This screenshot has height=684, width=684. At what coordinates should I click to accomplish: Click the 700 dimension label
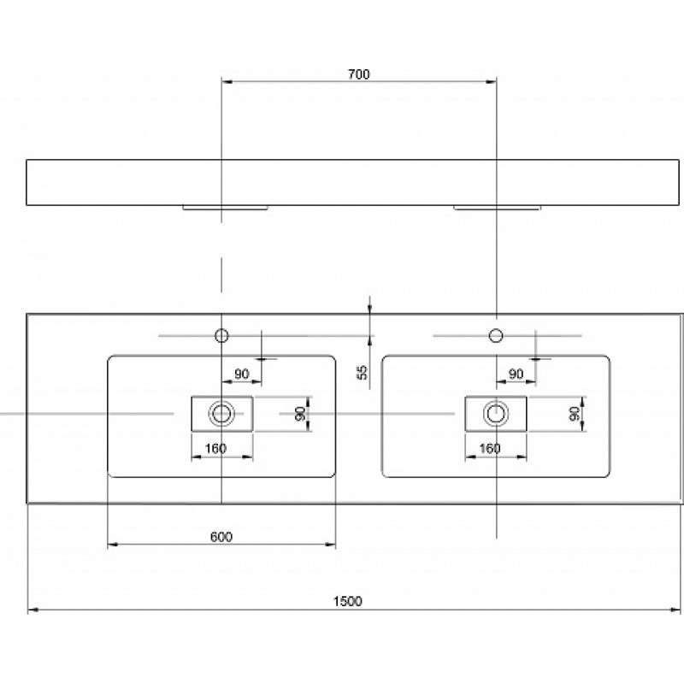point(358,74)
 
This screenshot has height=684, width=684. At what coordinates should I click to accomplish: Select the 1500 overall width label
point(347,602)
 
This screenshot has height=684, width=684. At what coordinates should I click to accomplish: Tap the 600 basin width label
point(221,537)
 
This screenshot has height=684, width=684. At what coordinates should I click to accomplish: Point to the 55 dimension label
point(363,372)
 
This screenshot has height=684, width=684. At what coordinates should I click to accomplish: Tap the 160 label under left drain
point(215,448)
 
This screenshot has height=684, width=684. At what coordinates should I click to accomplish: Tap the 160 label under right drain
point(489,448)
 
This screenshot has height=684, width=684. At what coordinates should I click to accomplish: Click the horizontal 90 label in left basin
point(242,374)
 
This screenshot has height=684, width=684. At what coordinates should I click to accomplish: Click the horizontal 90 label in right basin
point(516,374)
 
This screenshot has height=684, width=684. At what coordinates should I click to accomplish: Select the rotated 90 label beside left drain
point(299,413)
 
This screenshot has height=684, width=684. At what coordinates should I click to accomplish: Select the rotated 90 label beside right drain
point(574,413)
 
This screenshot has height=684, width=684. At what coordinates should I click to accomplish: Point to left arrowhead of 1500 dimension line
point(31,610)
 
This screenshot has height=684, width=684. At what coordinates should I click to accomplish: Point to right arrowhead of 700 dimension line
point(492,81)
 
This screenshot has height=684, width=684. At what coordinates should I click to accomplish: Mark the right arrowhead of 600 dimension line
point(331,545)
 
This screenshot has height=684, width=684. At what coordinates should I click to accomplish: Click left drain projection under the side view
point(225,208)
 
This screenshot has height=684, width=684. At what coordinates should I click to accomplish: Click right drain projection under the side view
point(498,208)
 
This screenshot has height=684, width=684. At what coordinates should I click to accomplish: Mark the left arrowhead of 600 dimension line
point(113,545)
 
